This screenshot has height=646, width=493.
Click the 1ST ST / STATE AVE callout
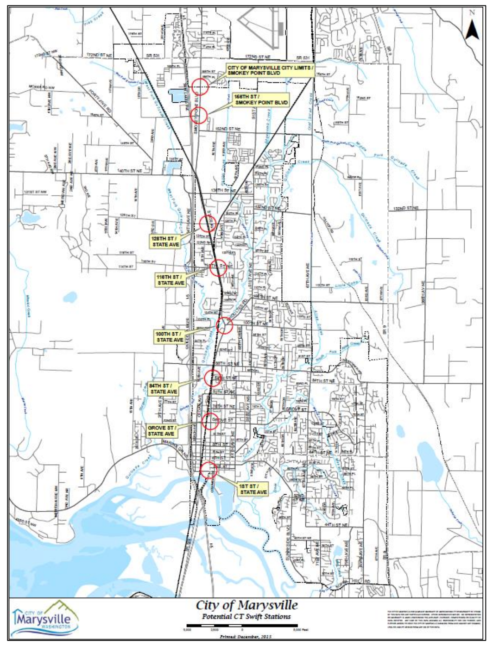[253, 489]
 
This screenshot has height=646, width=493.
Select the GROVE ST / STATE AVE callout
[161, 430]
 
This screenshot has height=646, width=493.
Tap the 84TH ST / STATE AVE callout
[164, 388]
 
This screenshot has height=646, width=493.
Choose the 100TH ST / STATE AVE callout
[170, 336]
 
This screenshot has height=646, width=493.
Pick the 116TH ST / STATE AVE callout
[171, 279]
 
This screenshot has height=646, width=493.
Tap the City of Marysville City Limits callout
[271, 70]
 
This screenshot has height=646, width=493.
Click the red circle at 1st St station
[209, 470]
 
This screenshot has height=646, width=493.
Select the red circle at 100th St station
[224, 325]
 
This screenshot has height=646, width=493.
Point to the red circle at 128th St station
[208, 224]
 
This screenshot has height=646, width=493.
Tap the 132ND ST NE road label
[405, 209]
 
